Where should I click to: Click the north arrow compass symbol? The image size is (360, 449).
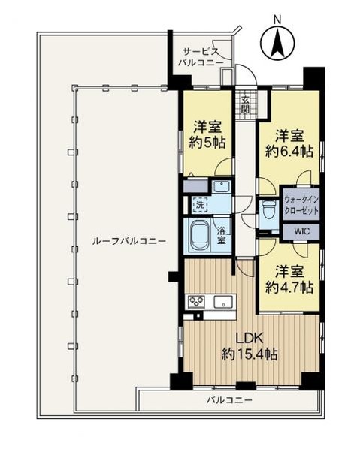276,44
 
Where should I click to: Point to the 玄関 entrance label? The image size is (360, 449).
245,104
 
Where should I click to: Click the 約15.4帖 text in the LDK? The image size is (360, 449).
247,354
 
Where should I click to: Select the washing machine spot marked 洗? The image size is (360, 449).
199,204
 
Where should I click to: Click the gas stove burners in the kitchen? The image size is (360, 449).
196,302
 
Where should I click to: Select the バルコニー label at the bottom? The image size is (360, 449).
230,400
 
